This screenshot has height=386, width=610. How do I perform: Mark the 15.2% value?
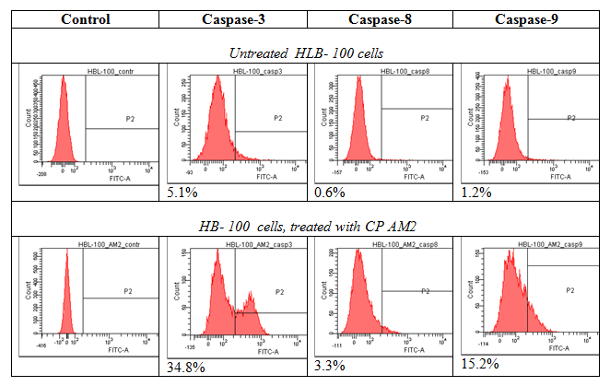click(x=479, y=366)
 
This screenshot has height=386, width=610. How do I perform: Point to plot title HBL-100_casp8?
click(x=391, y=71)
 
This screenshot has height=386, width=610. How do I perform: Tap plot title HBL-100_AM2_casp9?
click(x=539, y=245)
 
